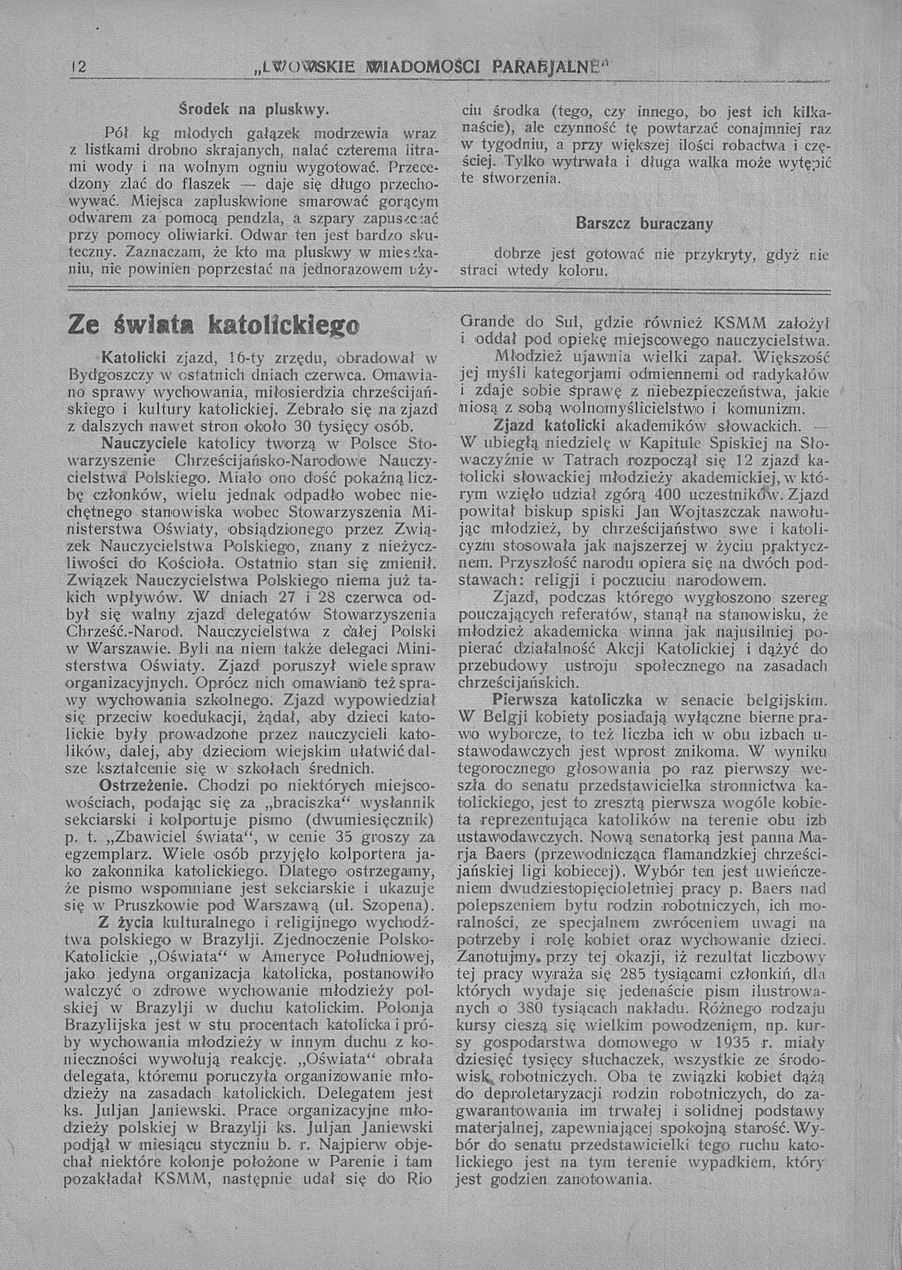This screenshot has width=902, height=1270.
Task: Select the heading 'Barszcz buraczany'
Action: pos(644,224)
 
